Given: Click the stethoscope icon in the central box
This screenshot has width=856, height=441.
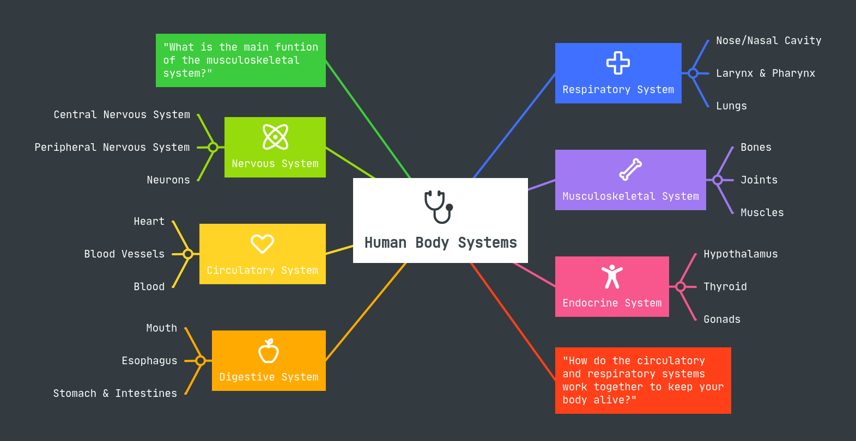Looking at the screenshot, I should [439, 206].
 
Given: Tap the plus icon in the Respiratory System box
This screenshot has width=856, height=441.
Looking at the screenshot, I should [618, 63].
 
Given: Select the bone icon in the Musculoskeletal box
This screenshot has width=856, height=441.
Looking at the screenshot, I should [630, 169].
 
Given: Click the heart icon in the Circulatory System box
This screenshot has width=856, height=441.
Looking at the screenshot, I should [262, 243].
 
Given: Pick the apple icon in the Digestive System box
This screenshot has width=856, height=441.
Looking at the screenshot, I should [269, 351].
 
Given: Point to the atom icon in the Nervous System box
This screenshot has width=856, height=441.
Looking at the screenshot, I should [275, 137].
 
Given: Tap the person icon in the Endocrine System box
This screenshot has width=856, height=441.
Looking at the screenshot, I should [612, 277].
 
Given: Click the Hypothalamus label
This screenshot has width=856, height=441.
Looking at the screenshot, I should [740, 254].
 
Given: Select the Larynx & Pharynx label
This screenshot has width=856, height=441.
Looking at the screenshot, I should [765, 73].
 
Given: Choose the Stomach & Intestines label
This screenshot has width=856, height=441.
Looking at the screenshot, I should [115, 394].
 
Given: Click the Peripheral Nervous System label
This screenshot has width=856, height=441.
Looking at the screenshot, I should [112, 148].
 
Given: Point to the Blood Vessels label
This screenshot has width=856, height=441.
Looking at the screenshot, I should [124, 254].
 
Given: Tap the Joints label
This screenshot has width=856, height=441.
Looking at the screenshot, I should [758, 180].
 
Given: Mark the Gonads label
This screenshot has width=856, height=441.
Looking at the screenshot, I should [721, 320].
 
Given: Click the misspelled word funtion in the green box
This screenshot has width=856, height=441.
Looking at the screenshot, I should [296, 47].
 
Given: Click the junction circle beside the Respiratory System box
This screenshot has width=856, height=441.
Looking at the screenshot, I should [693, 73].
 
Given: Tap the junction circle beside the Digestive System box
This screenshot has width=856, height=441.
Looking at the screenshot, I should [201, 360].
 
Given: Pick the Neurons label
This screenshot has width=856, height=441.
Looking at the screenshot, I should [168, 180].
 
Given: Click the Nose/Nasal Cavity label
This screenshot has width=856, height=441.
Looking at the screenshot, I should [768, 41].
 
